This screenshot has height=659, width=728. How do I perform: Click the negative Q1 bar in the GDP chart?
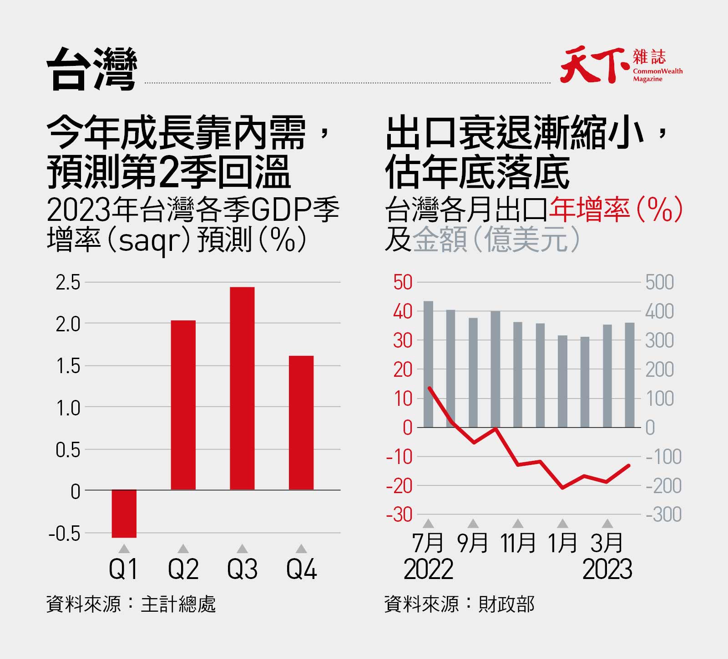124,514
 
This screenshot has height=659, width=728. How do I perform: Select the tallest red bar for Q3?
242,389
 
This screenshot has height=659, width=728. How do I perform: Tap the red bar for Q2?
183,404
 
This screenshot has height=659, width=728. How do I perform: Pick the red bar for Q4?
301,423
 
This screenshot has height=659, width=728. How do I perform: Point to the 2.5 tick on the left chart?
68,283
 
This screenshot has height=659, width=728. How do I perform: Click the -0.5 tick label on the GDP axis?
64,534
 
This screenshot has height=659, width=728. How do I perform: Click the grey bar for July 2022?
428,364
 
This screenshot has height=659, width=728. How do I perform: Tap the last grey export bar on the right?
630,375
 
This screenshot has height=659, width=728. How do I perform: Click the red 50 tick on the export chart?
403,283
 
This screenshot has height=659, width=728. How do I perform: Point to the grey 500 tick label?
659,283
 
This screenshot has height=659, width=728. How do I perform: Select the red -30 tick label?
399,515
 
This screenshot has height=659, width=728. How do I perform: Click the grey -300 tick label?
664,515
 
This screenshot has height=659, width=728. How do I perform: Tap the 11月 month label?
518,543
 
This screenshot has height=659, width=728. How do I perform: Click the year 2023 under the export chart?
607,569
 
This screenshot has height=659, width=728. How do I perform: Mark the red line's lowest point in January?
563,488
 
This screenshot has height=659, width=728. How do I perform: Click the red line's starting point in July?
429,388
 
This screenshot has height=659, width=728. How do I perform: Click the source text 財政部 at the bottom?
506,604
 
